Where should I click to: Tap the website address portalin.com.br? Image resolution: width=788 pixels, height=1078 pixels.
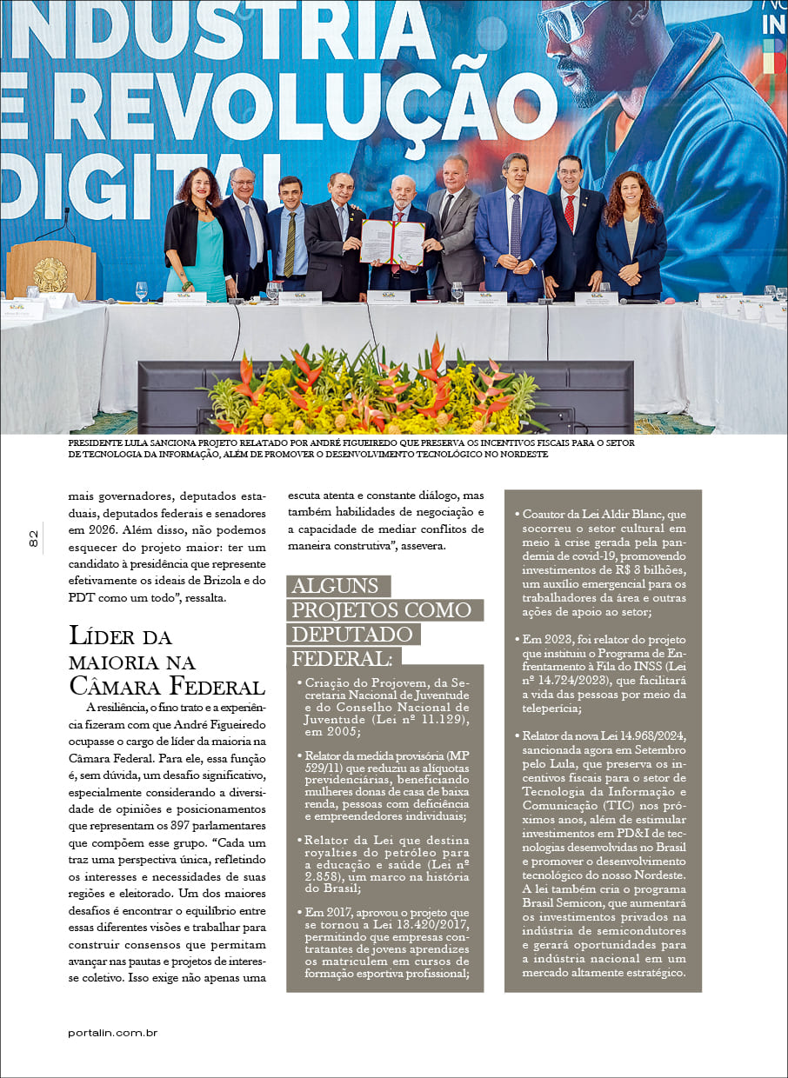pyautogui.click(x=112, y=1032)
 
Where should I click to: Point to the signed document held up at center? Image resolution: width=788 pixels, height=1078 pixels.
pyautogui.click(x=392, y=241)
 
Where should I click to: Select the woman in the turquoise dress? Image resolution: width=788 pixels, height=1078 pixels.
pyautogui.click(x=199, y=235)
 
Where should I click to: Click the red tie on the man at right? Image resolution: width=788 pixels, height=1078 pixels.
pyautogui.click(x=569, y=213)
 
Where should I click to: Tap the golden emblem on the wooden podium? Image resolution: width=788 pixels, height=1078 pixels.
pyautogui.click(x=50, y=275)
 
